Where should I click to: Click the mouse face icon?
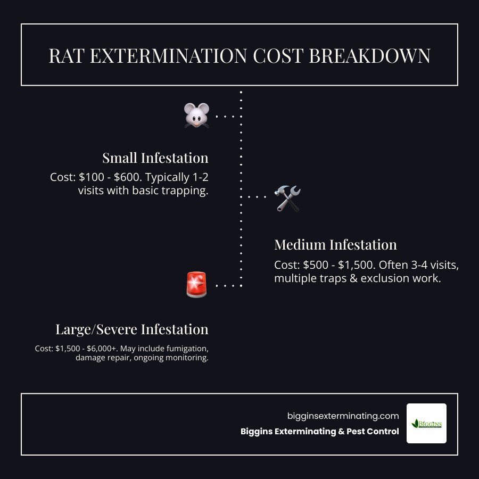pos(196,115)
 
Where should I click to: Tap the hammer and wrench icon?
pos(287,198)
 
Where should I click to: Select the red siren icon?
pos(196,285)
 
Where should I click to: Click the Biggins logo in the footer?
pos(426,424)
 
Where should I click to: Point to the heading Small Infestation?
pos(155,158)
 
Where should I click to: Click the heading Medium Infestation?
pos(335,245)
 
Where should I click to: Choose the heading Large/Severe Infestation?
pos(131,329)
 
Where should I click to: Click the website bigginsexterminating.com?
pos(343,416)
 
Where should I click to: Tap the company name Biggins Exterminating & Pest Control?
pos(319,432)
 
